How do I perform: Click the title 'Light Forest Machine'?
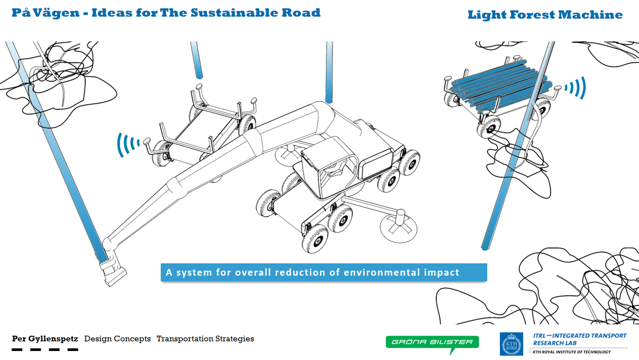[545, 15]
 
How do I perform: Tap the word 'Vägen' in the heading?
[59, 13]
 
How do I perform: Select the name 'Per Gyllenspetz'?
[45, 339]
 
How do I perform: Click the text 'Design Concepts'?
[117, 339]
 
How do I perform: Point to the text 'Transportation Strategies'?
[205, 339]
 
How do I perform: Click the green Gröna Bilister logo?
[432, 343]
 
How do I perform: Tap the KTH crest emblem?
[511, 344]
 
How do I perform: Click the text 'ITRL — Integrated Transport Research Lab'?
[579, 339]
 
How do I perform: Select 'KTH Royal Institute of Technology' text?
[571, 352]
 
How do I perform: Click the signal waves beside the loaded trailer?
[575, 88]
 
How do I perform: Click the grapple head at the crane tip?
[112, 270]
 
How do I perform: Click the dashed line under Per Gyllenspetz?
[45, 349]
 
